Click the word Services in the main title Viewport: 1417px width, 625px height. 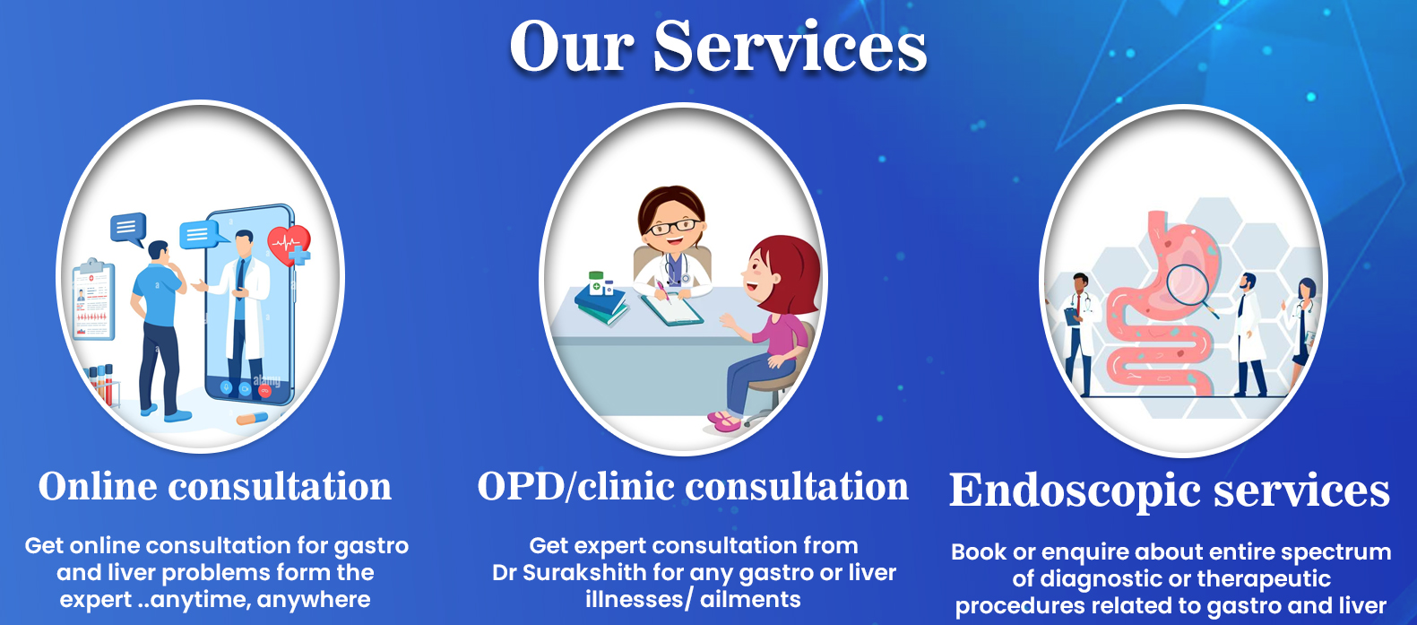click(x=791, y=48)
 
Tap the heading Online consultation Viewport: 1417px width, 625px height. click(x=215, y=487)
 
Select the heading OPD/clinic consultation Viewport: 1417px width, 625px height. click(x=693, y=487)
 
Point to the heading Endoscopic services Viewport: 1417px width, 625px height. click(x=1170, y=490)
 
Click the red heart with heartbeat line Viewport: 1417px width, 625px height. click(x=289, y=244)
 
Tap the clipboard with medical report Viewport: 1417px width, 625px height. click(x=93, y=299)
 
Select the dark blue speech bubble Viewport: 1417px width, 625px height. click(x=128, y=229)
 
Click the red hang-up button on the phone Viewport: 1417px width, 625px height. click(x=264, y=390)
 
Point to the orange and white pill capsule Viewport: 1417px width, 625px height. click(x=252, y=418)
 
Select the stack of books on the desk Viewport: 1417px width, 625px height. click(x=601, y=306)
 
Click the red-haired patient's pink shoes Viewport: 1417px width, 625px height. click(x=724, y=421)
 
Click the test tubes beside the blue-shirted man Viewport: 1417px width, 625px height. click(x=102, y=385)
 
